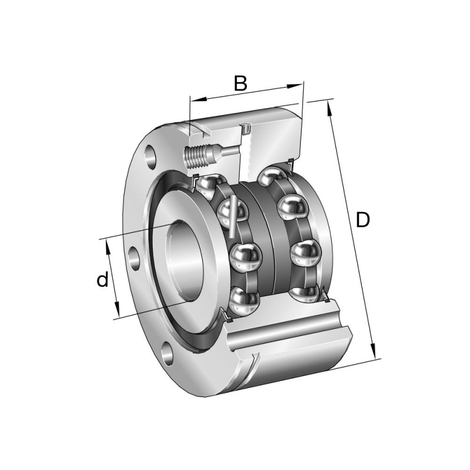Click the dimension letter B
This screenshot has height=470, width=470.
pyautogui.click(x=240, y=83)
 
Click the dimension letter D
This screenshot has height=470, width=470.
pyautogui.click(x=364, y=220)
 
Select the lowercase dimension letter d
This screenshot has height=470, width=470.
pyautogui.click(x=103, y=280)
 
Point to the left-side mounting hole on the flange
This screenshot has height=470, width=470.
pyautogui.click(x=134, y=259)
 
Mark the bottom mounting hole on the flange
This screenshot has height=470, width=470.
pyautogui.click(x=169, y=353)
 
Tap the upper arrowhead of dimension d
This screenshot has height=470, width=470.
pyautogui.click(x=108, y=246)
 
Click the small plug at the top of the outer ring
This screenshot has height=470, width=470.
pyautogui.click(x=246, y=127)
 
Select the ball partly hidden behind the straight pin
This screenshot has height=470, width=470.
pyautogui.click(x=227, y=211)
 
